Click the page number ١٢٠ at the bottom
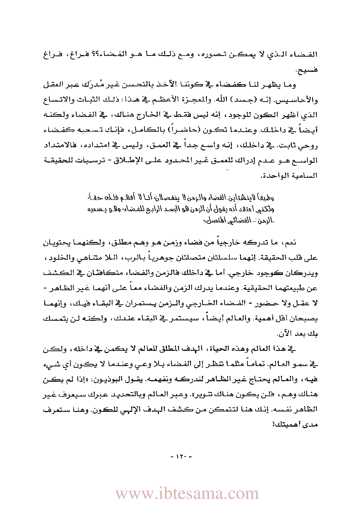(x=180, y=456)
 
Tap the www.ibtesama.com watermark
(x=187, y=494)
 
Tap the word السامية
(x=302, y=176)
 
